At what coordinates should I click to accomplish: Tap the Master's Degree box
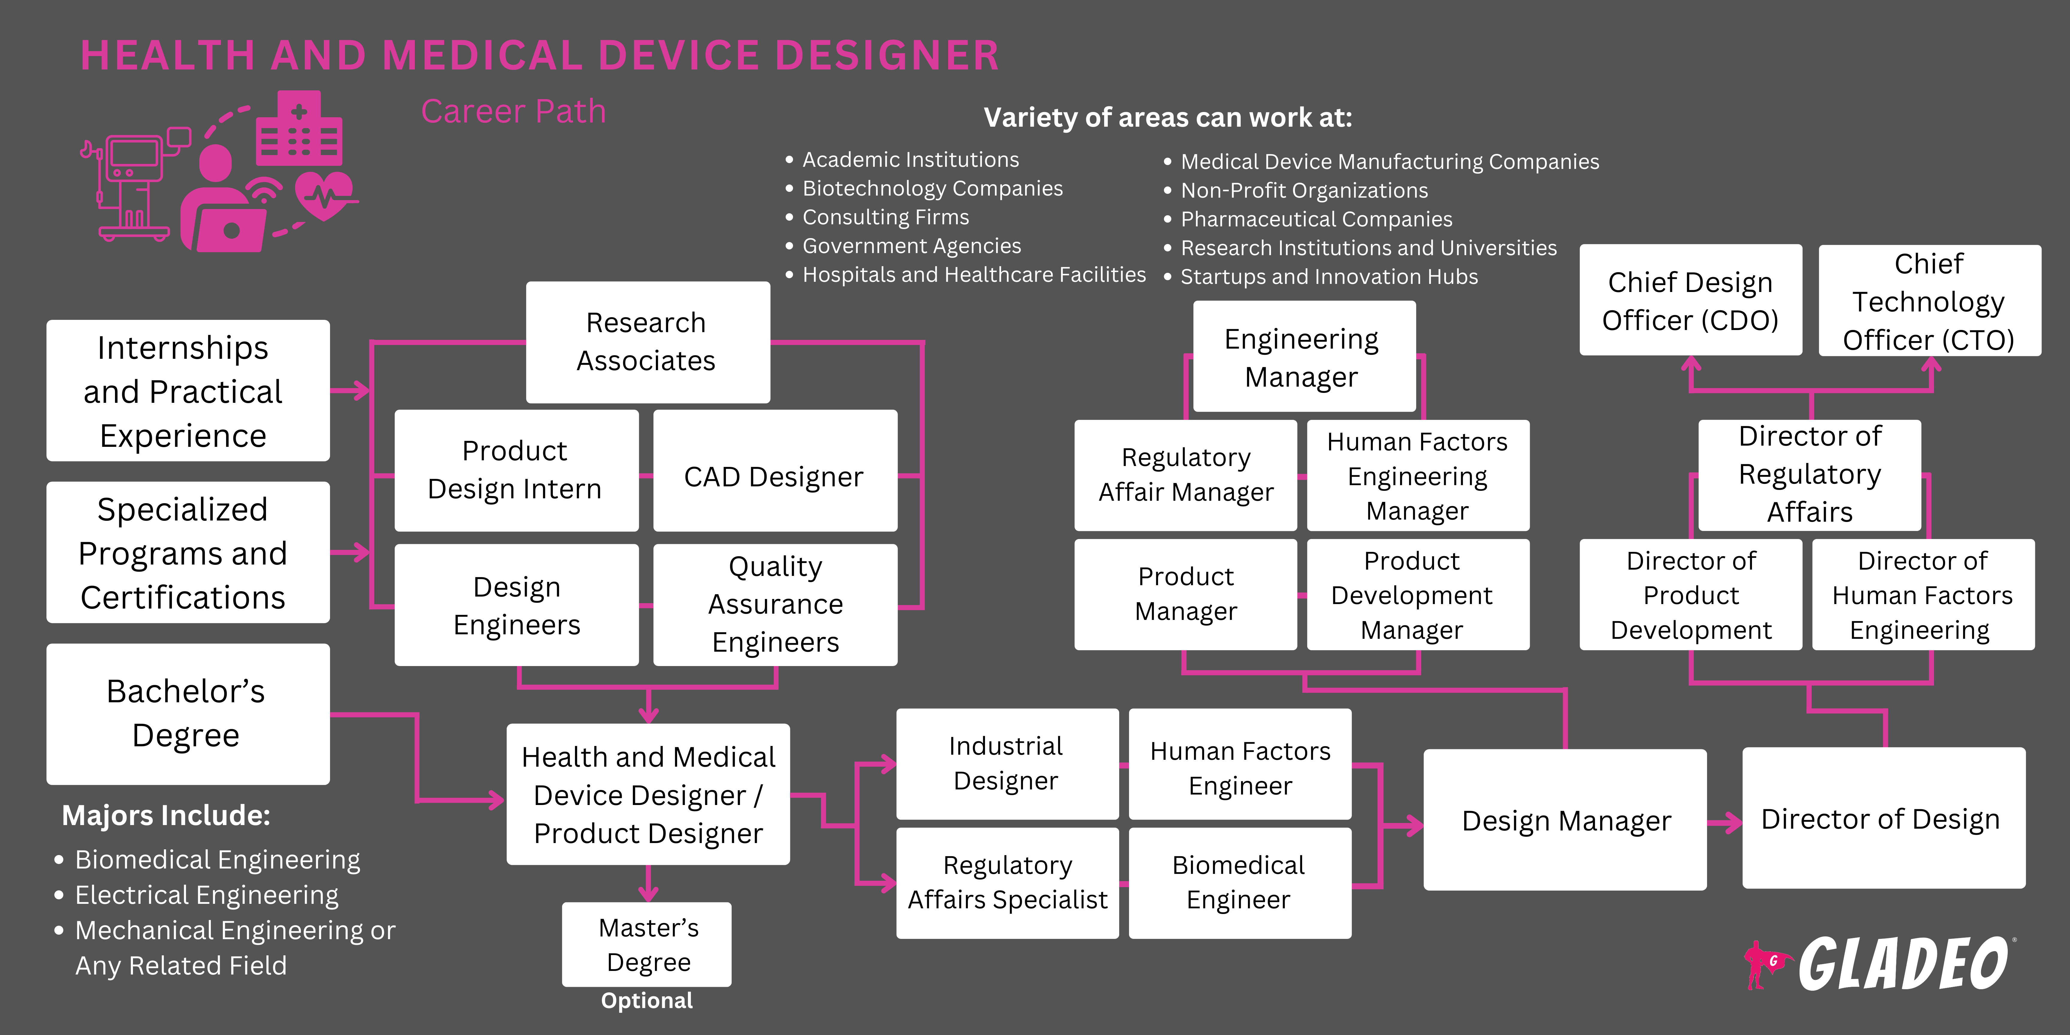(647, 944)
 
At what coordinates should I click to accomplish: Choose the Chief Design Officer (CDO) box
(1690, 301)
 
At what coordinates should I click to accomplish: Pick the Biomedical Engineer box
(1239, 882)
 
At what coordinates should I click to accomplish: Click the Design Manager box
(1564, 820)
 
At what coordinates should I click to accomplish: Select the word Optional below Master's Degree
(647, 1001)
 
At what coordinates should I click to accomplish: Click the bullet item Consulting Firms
(886, 217)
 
